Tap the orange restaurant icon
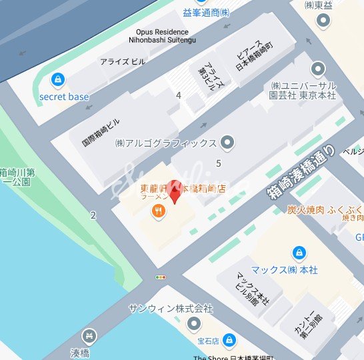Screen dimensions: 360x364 point(159,213)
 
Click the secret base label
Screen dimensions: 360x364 point(64,97)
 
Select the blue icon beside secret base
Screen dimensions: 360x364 point(59,80)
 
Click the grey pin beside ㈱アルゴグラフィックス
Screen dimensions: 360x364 point(227,143)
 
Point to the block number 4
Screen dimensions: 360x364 point(178,95)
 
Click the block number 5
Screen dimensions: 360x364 point(218,163)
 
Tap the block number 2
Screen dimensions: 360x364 point(93,215)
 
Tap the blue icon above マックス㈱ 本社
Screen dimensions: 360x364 point(299,253)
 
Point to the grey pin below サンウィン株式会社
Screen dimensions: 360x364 point(194,325)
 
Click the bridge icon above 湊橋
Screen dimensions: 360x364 point(87,336)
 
